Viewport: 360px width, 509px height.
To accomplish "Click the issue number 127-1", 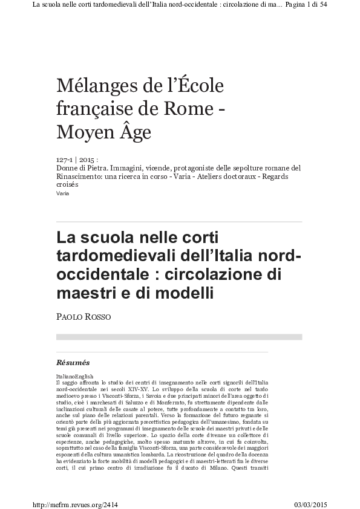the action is pos(64,160).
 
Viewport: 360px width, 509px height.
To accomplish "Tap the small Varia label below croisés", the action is pos(62,193).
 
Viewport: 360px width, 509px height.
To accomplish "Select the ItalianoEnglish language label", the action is pos(72,375).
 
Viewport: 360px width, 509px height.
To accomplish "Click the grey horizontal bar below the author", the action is pos(179,337).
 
